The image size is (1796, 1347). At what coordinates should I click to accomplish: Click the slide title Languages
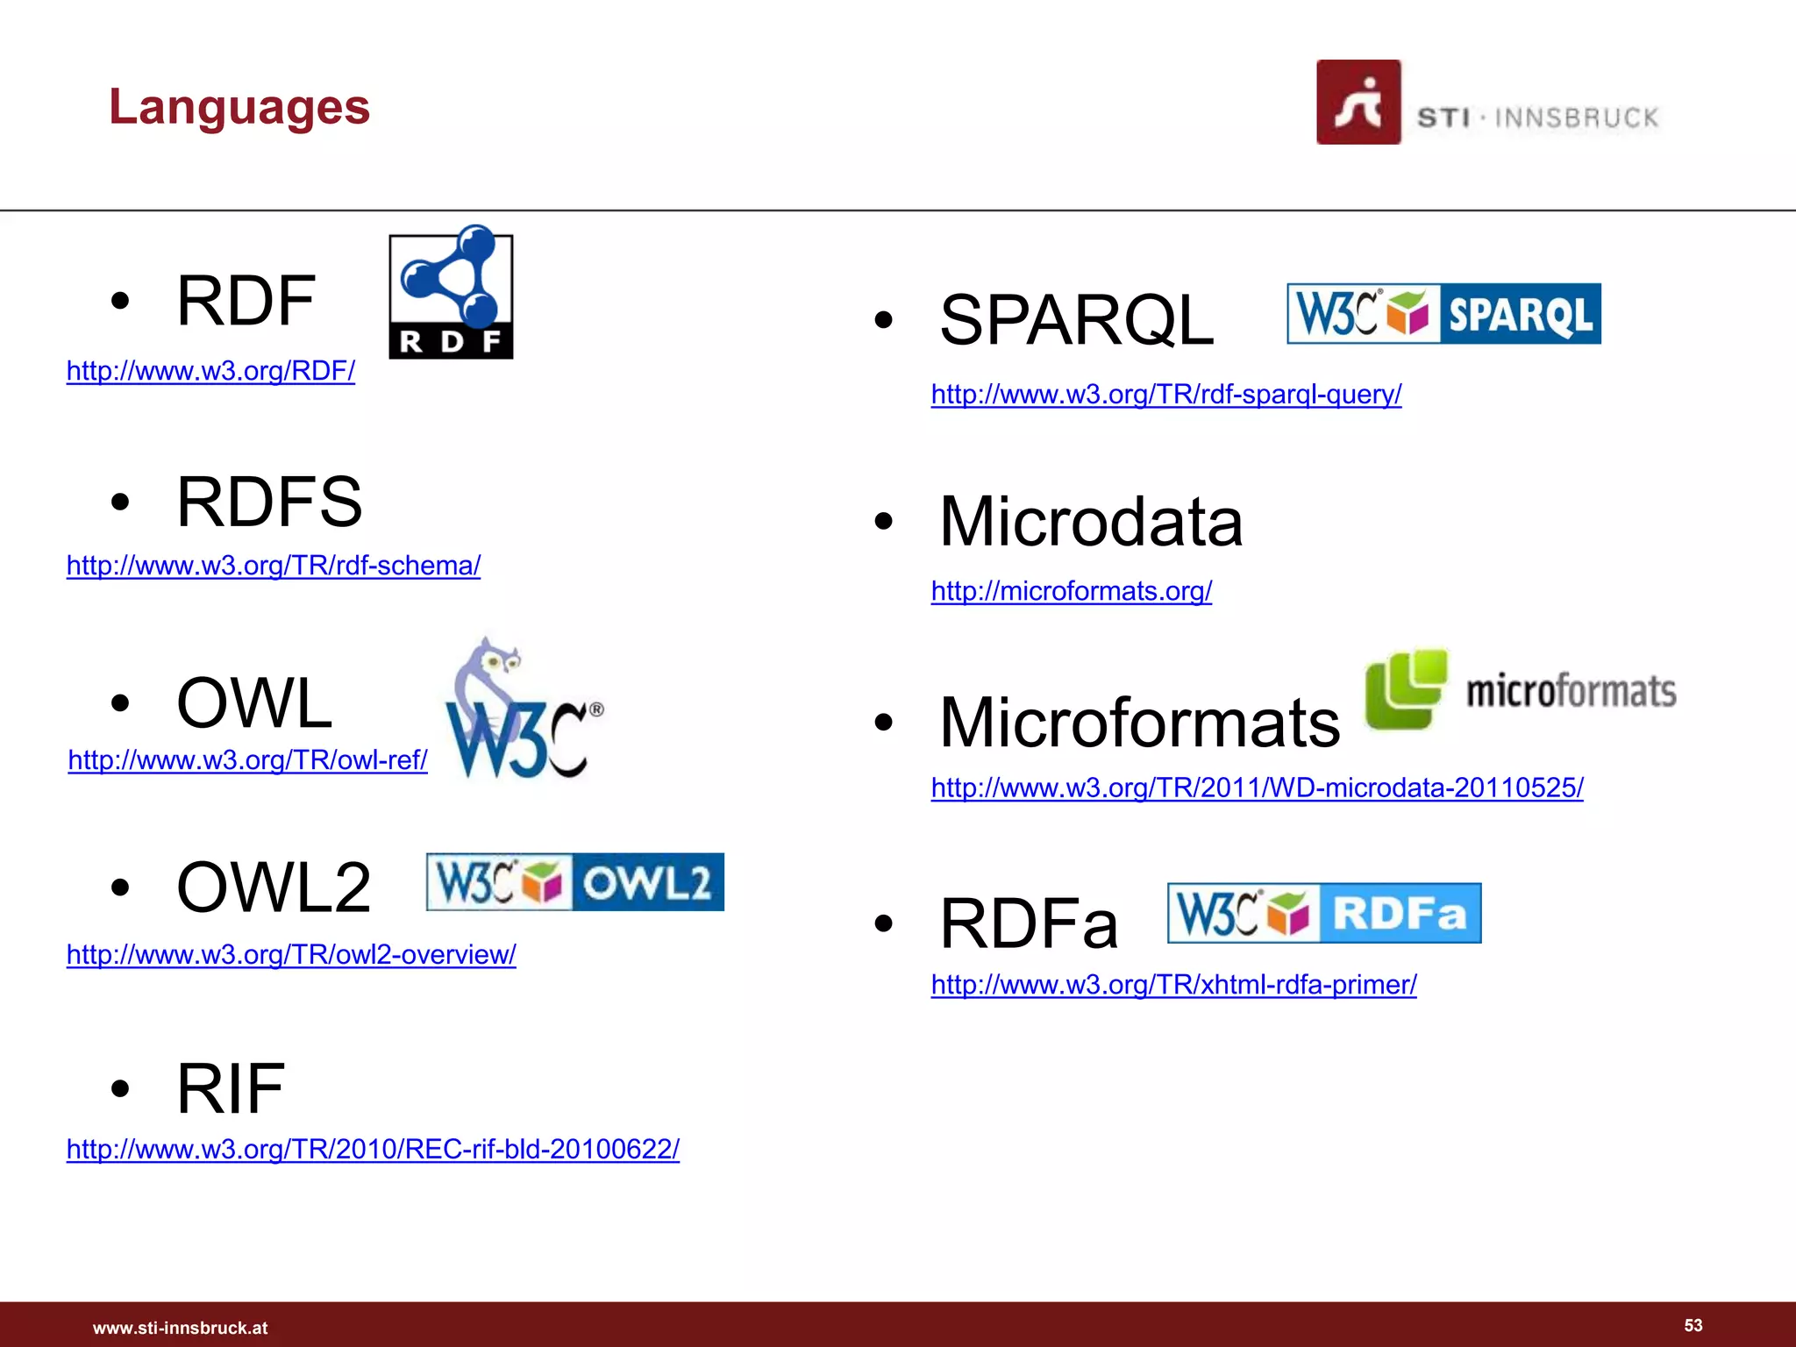pyautogui.click(x=239, y=107)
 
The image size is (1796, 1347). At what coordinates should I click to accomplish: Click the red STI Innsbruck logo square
pyautogui.click(x=1358, y=102)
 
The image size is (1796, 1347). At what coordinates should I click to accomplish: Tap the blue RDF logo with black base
pyautogui.click(x=451, y=293)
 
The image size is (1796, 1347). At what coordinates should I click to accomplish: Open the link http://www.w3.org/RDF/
pyautogui.click(x=210, y=371)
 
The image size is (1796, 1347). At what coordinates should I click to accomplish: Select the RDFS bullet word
pyautogui.click(x=269, y=502)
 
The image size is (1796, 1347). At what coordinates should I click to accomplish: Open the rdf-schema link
pyautogui.click(x=274, y=566)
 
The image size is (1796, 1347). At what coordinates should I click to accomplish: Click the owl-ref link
pyautogui.click(x=248, y=760)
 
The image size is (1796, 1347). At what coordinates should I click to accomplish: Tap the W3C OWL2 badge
pyautogui.click(x=575, y=882)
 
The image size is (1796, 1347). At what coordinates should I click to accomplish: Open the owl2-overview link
pyautogui.click(x=291, y=954)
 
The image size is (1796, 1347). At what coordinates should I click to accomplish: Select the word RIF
pyautogui.click(x=231, y=1088)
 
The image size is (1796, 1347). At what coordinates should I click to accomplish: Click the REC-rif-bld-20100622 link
pyautogui.click(x=373, y=1149)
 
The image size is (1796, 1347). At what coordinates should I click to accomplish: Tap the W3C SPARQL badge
pyautogui.click(x=1443, y=314)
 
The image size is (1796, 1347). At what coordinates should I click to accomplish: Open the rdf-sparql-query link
pyautogui.click(x=1166, y=395)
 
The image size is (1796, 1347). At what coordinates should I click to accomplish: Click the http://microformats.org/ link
pyautogui.click(x=1072, y=591)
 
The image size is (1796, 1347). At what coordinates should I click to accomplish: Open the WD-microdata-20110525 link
pyautogui.click(x=1257, y=788)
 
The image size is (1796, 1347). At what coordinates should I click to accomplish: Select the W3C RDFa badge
pyautogui.click(x=1324, y=914)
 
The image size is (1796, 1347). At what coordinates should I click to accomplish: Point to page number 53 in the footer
pyautogui.click(x=1693, y=1325)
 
